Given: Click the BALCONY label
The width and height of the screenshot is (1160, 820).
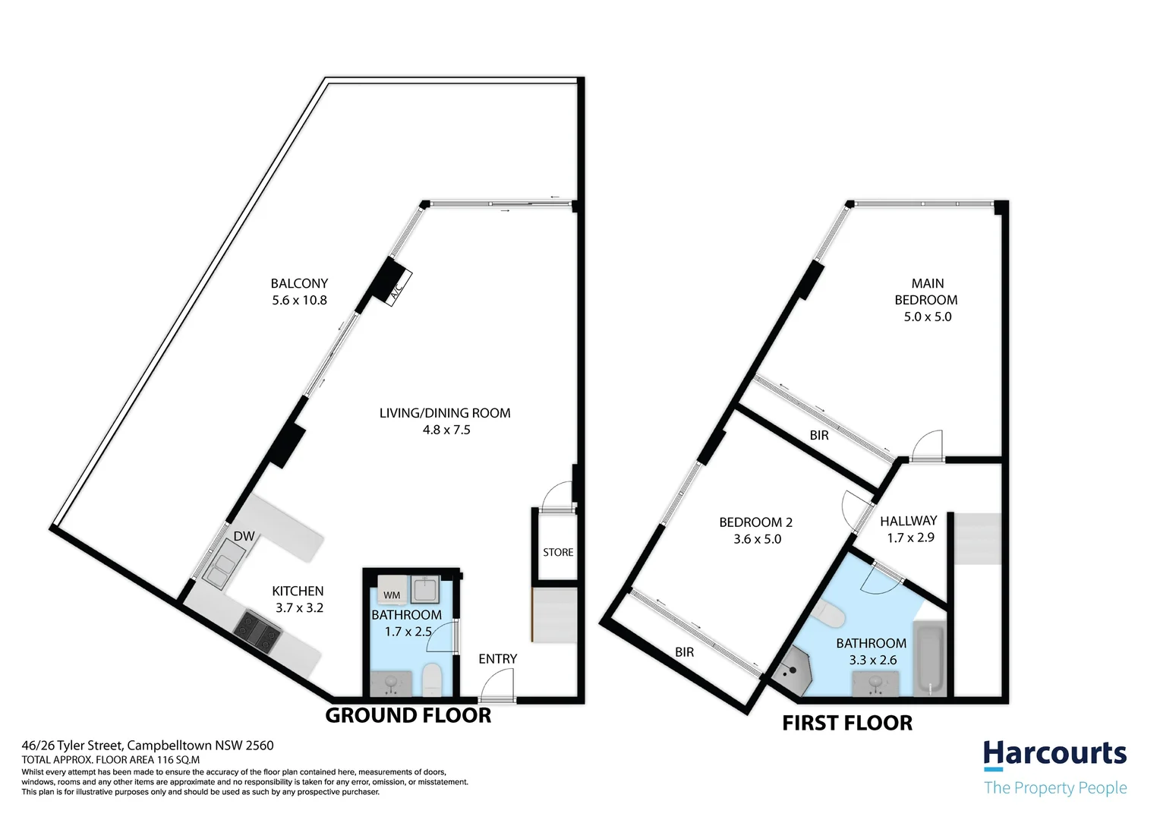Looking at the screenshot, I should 299,283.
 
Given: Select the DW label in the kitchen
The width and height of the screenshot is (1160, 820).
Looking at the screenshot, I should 244,537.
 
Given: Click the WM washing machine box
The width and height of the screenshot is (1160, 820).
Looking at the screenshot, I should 392,594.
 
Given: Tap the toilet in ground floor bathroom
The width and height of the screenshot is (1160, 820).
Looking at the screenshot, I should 431,680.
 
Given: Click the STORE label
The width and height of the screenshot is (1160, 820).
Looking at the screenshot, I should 558,552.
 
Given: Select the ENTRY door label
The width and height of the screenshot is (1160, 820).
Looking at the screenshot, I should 497,659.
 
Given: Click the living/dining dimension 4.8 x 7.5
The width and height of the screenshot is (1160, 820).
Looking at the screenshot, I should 446,430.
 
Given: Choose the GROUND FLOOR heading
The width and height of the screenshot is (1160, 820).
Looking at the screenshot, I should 408,715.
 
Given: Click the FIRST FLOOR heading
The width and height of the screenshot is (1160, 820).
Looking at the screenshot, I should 847,723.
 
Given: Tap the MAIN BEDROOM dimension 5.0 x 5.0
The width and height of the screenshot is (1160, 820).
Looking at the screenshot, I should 927,317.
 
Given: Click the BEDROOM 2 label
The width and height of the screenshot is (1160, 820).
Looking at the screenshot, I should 755,522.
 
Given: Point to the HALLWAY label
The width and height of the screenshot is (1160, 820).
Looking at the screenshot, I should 908,521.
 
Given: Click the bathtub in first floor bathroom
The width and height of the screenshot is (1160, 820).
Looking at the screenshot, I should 930,658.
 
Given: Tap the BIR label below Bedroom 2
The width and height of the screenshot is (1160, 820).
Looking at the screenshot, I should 684,652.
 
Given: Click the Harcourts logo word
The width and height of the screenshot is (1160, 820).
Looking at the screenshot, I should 1054,755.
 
